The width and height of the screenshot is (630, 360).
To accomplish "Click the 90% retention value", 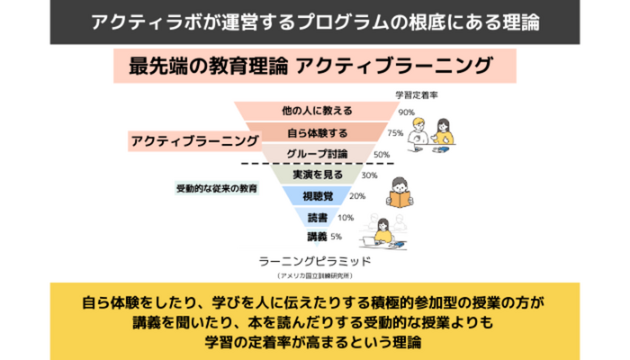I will click(406, 112).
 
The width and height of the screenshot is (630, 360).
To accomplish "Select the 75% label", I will click(394, 132).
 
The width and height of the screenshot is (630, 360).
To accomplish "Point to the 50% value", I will click(382, 154).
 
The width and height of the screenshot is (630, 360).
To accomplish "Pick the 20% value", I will click(356, 196).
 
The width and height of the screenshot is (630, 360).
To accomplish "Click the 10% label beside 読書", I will click(346, 217).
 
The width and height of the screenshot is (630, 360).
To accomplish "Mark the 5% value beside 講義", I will click(336, 237).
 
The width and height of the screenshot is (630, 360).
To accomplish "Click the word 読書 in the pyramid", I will click(316, 217).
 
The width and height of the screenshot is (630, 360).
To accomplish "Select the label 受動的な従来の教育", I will click(216, 190).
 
